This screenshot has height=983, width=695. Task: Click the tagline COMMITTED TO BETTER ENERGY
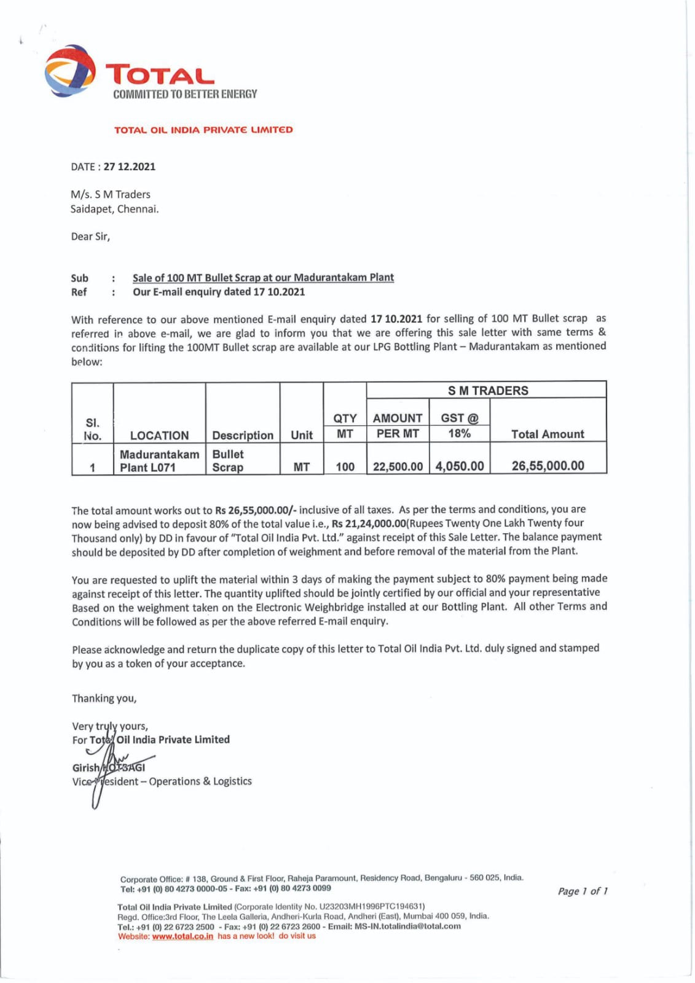[185, 94]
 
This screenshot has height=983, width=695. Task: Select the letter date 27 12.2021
[129, 166]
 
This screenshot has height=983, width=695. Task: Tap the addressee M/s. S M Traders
[111, 194]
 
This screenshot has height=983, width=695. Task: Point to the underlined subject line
[263, 278]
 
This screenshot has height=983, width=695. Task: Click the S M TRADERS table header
[487, 390]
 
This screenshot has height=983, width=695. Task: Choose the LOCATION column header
[159, 435]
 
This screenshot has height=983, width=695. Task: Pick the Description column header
[243, 435]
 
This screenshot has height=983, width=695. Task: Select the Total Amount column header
[548, 434]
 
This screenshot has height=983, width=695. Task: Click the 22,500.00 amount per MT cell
[398, 466]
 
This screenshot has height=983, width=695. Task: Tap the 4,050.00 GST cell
[460, 466]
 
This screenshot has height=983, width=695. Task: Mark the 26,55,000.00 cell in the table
[548, 466]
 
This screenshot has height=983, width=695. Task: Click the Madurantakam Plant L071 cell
[159, 460]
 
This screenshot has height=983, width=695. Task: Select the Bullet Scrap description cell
[228, 460]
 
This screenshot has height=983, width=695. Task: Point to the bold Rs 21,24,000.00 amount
[369, 523]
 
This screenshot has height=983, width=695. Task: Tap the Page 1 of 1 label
[583, 891]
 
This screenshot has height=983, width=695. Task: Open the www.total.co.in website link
[183, 936]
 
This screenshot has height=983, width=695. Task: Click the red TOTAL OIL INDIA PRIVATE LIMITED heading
[203, 130]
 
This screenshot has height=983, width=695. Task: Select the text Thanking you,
[104, 698]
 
